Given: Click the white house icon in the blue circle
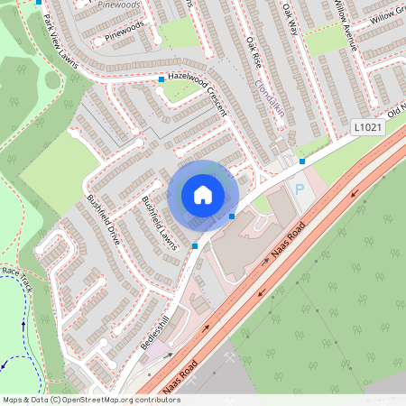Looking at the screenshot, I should pos(203,195).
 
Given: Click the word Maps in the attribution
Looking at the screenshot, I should pos(13,399).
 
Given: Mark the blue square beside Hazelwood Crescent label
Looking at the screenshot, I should pos(161,80).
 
